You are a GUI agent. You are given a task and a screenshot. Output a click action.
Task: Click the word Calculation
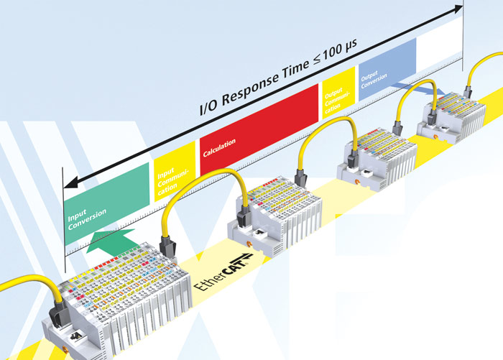tap(219, 152)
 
